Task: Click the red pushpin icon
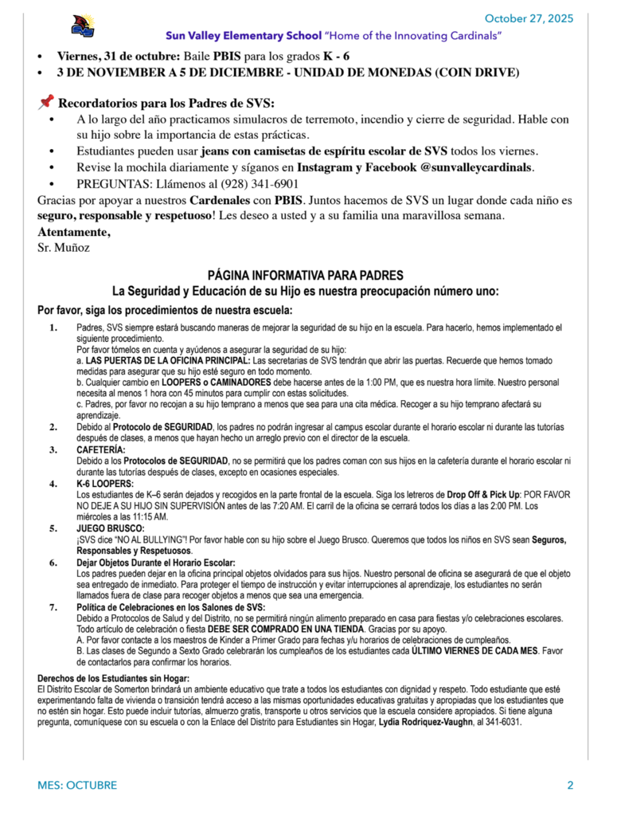tap(45, 102)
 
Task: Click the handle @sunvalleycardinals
tap(468, 167)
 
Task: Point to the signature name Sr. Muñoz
tap(64, 247)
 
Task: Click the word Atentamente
tap(74, 232)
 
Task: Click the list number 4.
tap(53, 484)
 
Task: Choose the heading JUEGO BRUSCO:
tap(110, 528)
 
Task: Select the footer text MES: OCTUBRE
tap(77, 786)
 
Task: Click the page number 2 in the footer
tap(570, 786)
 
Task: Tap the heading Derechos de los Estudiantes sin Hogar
tap(113, 677)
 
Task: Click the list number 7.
tap(53, 607)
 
